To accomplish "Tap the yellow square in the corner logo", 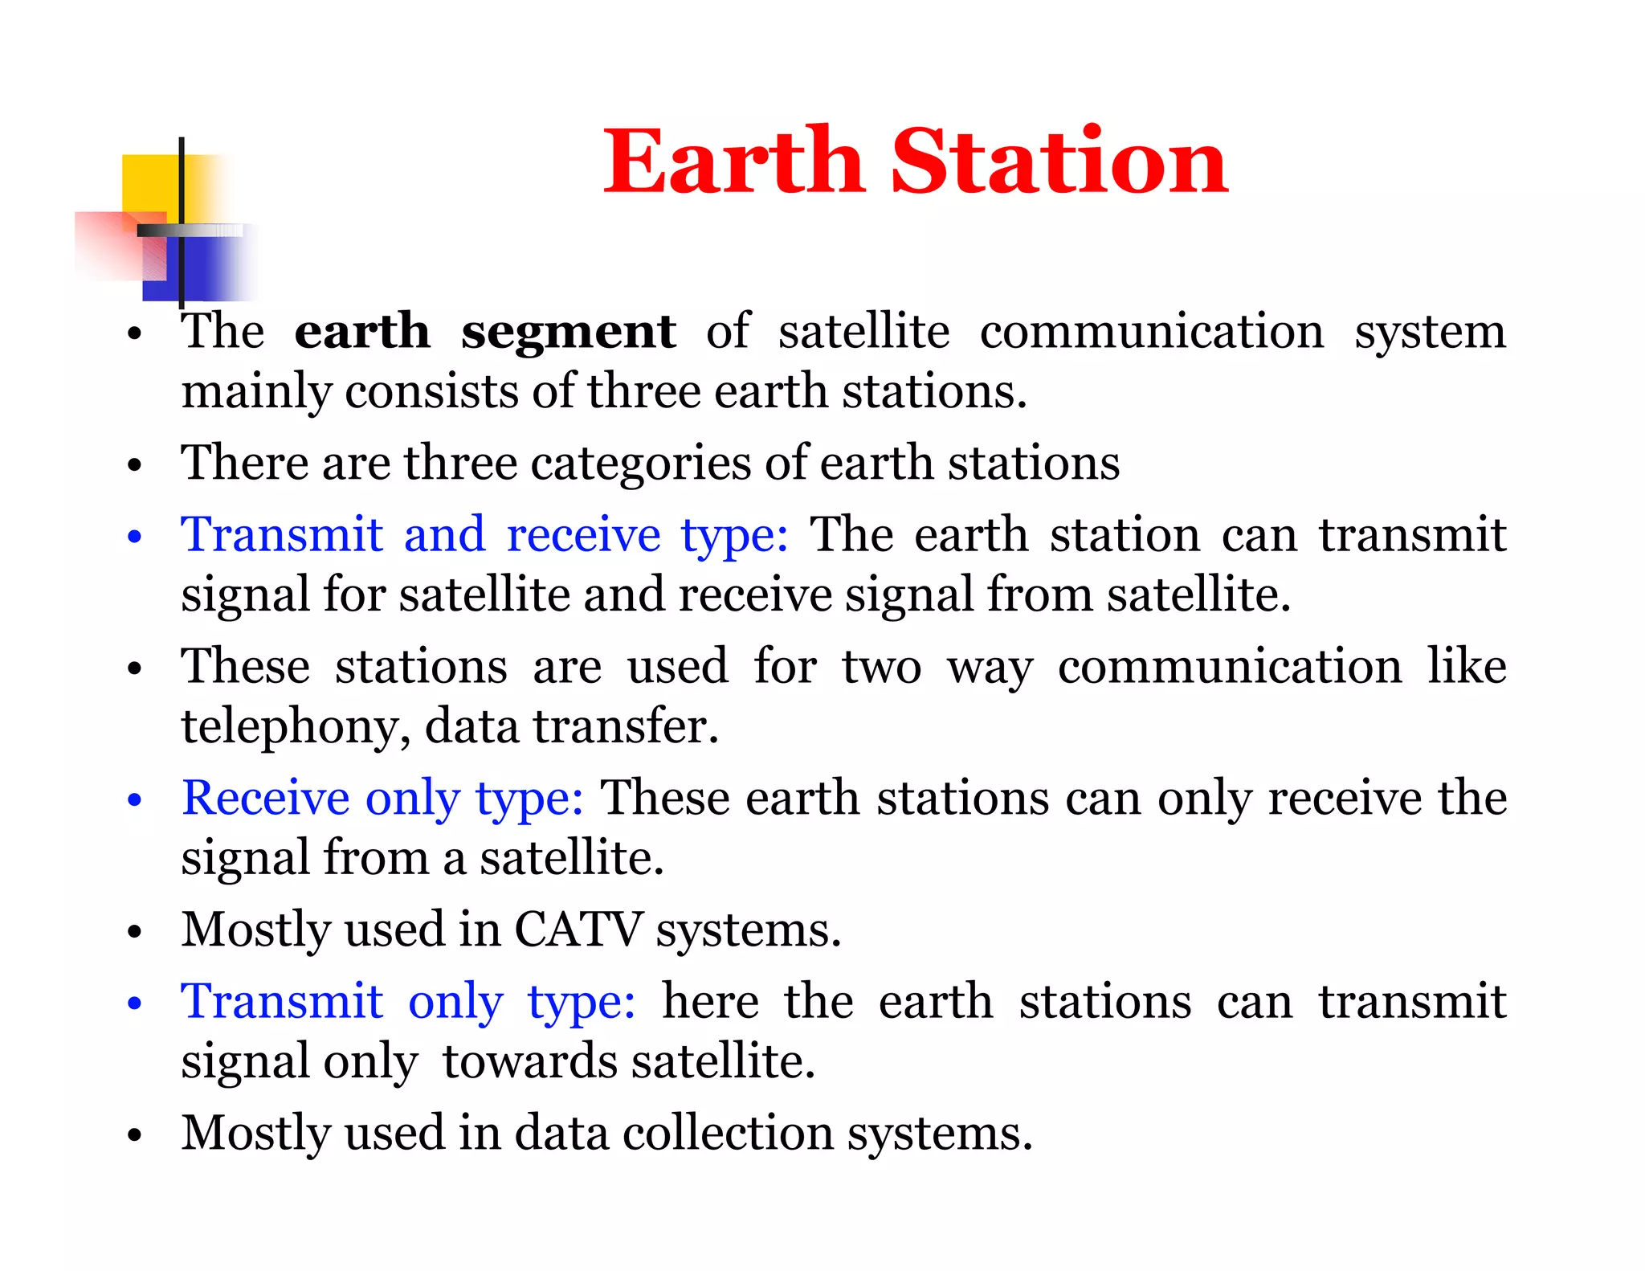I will pos(150,183).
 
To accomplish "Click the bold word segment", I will pos(568,332).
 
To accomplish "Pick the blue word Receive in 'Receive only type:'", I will pos(265,798).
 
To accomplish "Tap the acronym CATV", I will pos(578,930).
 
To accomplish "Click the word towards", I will pos(531,1061).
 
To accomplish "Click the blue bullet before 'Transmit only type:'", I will pos(134,1003).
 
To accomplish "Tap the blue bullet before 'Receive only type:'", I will pos(134,799).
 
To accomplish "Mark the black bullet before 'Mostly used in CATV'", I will pos(134,931).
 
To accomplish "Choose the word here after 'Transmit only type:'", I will pos(710,1002).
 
